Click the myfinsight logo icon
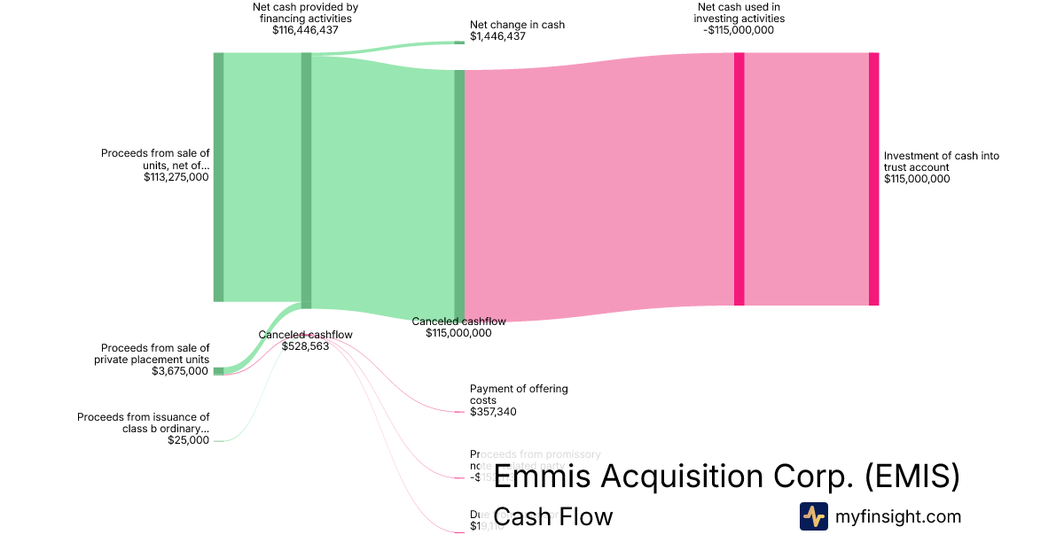pos(813,516)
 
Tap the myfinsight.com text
pos(898,516)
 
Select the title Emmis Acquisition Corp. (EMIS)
pos(726,477)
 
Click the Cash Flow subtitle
pos(552,516)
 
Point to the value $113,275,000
pos(176,177)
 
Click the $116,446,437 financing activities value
pos(305,29)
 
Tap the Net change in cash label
pos(517,25)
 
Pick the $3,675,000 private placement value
pos(180,371)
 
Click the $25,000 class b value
pos(188,440)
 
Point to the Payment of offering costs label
pos(519,394)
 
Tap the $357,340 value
pos(494,412)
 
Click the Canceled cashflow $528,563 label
pos(305,340)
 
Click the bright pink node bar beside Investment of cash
pos(873,179)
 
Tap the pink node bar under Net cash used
pos(739,179)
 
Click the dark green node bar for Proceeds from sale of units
pos(218,177)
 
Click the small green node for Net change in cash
pos(459,42)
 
